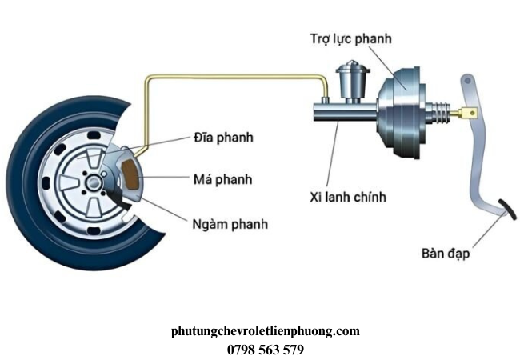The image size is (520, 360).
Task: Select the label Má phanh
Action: [x=222, y=178]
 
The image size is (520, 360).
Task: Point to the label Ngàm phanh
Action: [x=230, y=224]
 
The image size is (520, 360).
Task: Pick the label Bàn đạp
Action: [x=446, y=254]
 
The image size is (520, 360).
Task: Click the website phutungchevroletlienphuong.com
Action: [x=266, y=331]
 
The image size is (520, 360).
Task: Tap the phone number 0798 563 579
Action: [x=266, y=349]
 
